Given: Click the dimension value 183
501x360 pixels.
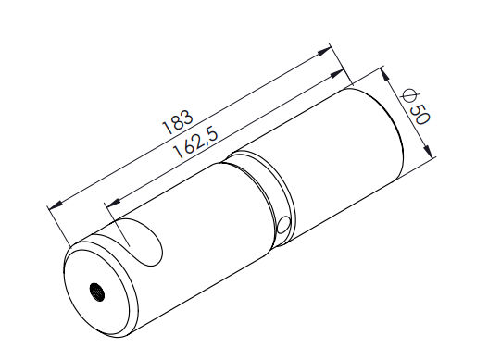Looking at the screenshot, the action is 178,122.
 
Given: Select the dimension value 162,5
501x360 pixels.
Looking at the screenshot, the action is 195,143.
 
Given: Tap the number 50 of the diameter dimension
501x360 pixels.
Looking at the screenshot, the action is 420,115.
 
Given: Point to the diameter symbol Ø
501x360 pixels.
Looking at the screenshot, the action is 408,95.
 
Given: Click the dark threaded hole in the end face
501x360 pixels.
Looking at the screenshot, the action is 97,292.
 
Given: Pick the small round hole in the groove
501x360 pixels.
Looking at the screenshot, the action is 283,225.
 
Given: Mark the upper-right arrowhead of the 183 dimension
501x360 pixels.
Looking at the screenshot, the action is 323,52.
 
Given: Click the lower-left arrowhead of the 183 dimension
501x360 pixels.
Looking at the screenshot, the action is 55,205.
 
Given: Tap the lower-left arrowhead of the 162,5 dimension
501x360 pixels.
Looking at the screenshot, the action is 112,202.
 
